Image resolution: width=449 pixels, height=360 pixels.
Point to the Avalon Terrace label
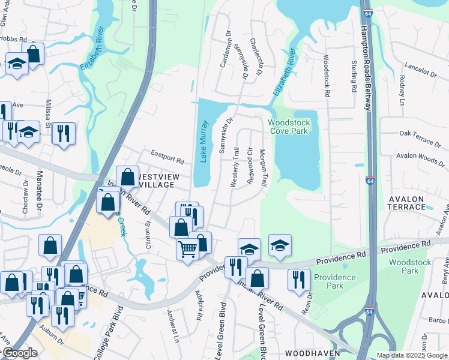click(x=406, y=202)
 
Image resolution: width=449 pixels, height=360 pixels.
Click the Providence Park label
click(x=335, y=281)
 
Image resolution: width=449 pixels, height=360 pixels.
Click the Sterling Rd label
click(x=352, y=76)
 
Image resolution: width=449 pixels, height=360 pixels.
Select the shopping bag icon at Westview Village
click(x=127, y=177)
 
